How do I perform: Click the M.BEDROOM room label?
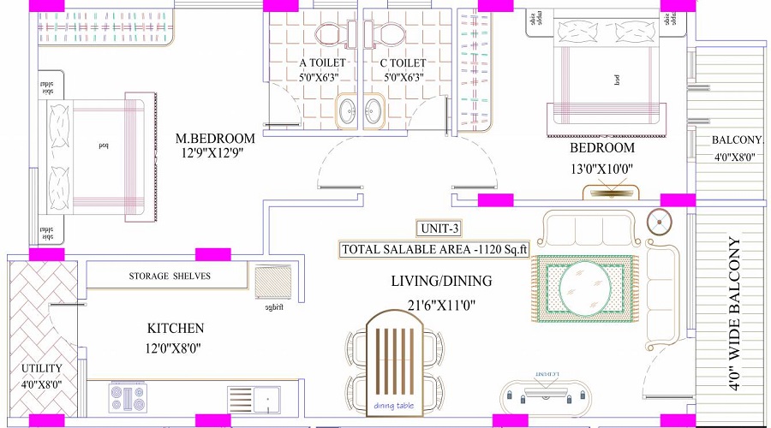coord(215,138)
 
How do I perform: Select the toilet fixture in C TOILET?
coord(391,34)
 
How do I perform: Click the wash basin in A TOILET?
coord(348,110)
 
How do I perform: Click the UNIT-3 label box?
coord(442,229)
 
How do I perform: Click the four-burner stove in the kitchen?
coord(129,398)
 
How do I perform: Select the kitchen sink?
coord(254,399)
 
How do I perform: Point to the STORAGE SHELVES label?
coord(170,276)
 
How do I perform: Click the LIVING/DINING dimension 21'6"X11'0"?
coord(441,304)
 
